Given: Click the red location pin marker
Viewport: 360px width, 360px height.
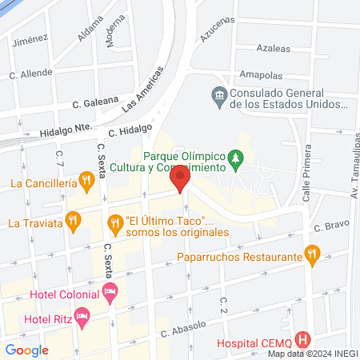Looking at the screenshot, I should (181, 178).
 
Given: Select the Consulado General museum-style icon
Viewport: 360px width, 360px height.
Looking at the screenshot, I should (218, 98).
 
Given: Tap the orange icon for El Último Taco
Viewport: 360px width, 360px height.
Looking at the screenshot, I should (115, 222).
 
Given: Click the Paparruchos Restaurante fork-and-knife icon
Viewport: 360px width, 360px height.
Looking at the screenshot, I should (313, 256).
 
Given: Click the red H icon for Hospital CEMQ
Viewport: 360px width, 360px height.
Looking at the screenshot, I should (302, 339).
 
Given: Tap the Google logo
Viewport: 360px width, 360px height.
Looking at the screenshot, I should (26, 350).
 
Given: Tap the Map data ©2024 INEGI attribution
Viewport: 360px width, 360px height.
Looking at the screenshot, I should (312, 354).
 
